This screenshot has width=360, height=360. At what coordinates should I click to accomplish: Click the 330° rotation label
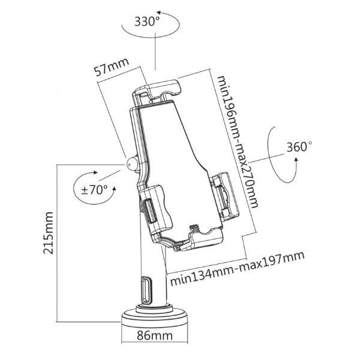coord(147,22)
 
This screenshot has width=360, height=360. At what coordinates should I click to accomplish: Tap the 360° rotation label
coord(299,147)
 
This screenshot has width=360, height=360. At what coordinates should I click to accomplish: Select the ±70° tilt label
coord(94,190)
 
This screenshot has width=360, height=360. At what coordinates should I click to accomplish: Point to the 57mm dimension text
coord(112,67)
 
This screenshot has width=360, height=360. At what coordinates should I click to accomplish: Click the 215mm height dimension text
coord(49,233)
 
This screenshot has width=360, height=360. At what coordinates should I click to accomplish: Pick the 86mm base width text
coord(155,335)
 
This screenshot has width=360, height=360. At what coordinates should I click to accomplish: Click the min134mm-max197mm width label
coord(238,268)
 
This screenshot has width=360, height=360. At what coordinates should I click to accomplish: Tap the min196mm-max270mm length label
coord(238,142)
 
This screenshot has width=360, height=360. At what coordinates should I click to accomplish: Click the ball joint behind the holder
coord(131,163)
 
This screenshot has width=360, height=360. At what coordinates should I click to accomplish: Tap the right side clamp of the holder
coord(224,196)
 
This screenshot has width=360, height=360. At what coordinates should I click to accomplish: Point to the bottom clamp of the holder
coord(197,239)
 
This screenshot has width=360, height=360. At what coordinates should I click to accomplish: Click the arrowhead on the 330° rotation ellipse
coord(158,12)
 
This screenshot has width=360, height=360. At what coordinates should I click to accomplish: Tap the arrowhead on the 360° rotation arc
coord(296,160)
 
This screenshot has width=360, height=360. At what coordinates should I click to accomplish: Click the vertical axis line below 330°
coord(155,52)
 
